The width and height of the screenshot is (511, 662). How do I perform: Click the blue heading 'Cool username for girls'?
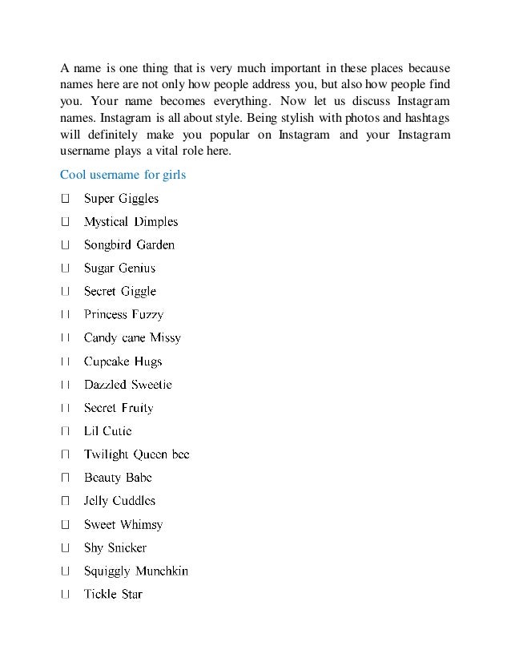[x=123, y=175]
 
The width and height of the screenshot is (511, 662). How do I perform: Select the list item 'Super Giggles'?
[x=121, y=199]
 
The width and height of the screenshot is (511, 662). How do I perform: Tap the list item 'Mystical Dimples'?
[x=131, y=222]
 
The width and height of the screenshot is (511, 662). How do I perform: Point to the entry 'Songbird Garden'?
[x=129, y=245]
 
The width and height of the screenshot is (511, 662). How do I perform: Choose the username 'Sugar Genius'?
[x=119, y=268]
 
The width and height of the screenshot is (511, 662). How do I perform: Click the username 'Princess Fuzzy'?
[x=123, y=315]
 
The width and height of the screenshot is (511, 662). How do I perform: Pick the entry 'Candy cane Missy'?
[x=132, y=338]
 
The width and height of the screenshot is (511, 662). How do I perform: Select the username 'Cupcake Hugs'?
[x=123, y=361]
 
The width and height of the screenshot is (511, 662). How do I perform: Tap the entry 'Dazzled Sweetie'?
[x=127, y=385]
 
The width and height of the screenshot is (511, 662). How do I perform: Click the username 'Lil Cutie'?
[x=107, y=431]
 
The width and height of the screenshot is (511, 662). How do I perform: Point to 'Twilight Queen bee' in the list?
[x=136, y=454]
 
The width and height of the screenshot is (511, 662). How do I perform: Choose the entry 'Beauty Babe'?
[x=118, y=478]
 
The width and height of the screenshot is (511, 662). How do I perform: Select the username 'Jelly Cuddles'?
[x=119, y=501]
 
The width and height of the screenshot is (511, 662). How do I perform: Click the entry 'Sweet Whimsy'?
[x=123, y=525]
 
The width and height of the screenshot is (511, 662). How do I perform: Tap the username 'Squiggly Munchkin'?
[x=136, y=571]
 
